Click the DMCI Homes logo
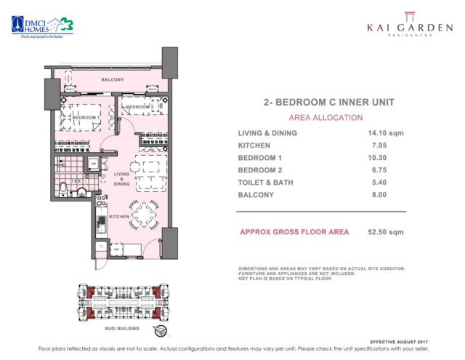pos(38,26)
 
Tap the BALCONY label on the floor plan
pos(113,79)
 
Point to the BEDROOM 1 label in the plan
pos(85,117)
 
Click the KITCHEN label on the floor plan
pos(119,217)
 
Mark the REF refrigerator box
pos(116,249)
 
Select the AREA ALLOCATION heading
pos(316,117)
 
